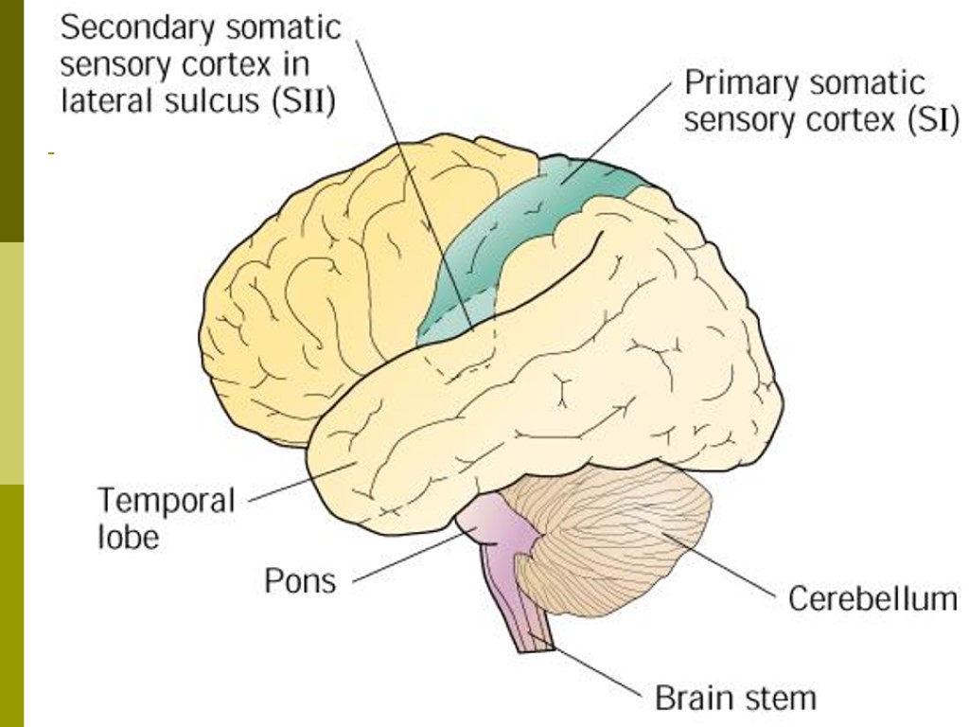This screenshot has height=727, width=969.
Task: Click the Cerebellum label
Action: click(872, 599)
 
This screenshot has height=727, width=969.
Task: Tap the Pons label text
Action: click(299, 579)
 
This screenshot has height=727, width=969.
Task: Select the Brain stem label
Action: click(735, 699)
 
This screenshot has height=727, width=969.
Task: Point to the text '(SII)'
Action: click(304, 100)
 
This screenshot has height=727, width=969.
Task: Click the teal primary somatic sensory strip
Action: click(511, 227)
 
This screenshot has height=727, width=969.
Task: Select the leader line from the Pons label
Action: click(407, 558)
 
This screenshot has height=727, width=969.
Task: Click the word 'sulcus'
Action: click(208, 100)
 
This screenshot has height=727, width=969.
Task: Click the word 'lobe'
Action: click(129, 537)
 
